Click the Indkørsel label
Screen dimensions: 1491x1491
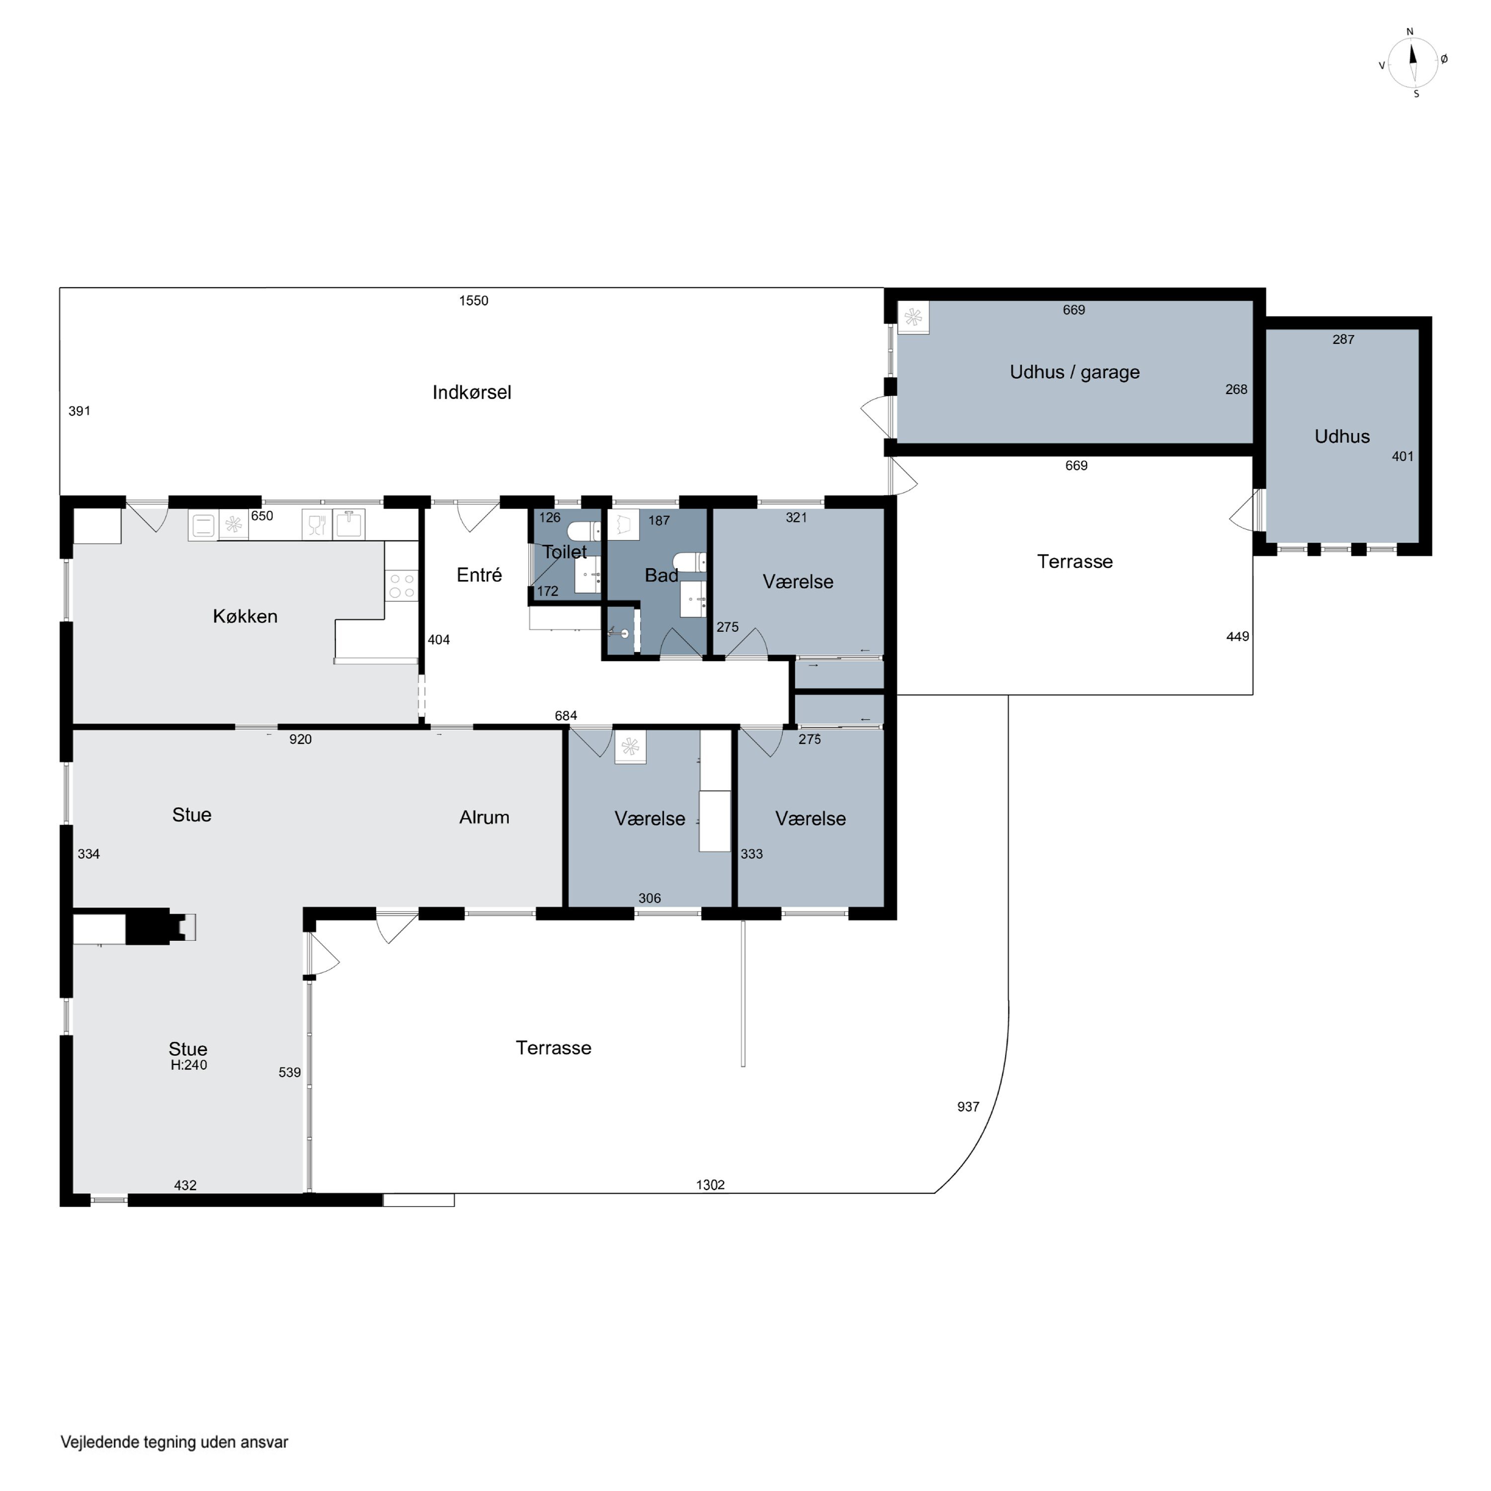click(472, 393)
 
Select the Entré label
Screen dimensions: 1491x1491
click(479, 575)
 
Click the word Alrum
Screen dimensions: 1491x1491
click(484, 817)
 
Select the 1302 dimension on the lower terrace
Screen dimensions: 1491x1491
click(710, 1185)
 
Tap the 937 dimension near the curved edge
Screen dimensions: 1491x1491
click(968, 1107)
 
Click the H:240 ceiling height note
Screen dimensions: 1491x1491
click(189, 1065)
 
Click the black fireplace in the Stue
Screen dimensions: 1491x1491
click(155, 926)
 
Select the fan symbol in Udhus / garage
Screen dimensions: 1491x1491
click(913, 317)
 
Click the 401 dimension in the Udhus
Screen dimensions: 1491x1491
click(1402, 457)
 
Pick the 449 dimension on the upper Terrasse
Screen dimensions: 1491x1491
click(1237, 637)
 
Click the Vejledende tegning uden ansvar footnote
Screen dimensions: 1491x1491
click(174, 1442)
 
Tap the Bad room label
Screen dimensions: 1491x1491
click(662, 576)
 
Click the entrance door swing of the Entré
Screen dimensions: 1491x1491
click(479, 517)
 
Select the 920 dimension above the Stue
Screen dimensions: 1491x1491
click(300, 740)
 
